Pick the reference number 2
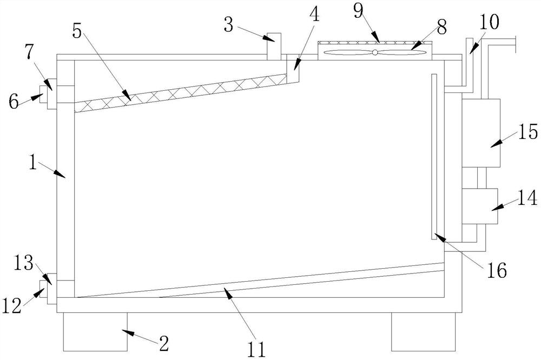[163, 343]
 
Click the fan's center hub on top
[374, 52]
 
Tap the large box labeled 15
[481, 132]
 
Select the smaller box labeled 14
[479, 206]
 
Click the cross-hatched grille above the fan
[374, 42]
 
